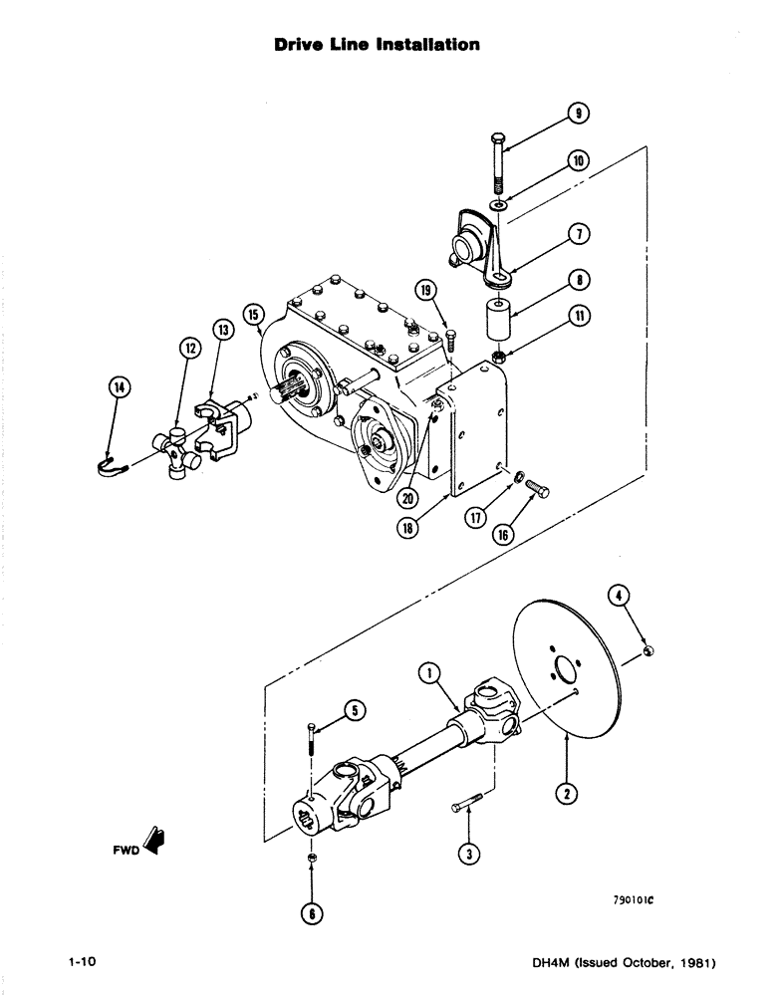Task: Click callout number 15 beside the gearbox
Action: tap(253, 316)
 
